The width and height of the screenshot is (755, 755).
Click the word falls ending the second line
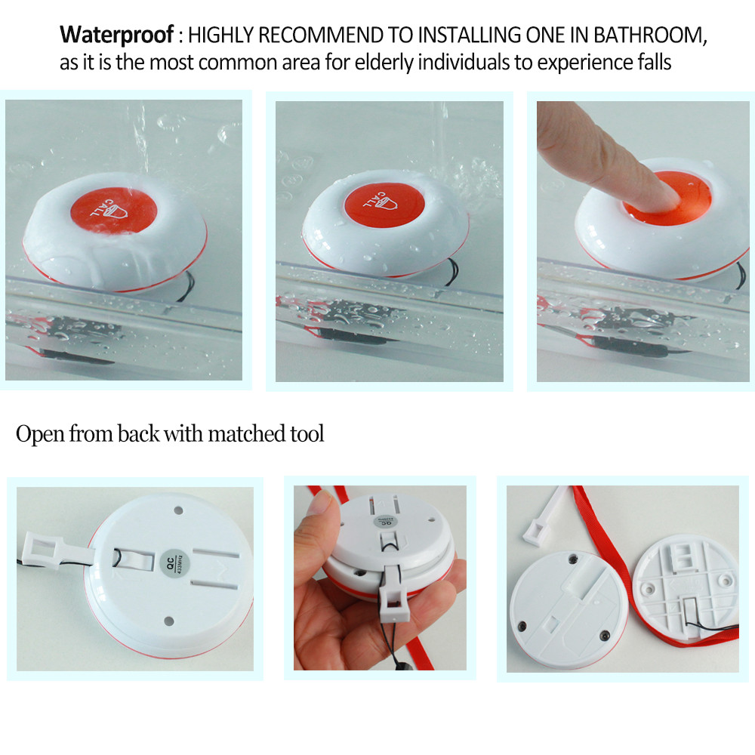tap(651, 62)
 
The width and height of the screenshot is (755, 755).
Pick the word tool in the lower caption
tap(307, 434)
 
